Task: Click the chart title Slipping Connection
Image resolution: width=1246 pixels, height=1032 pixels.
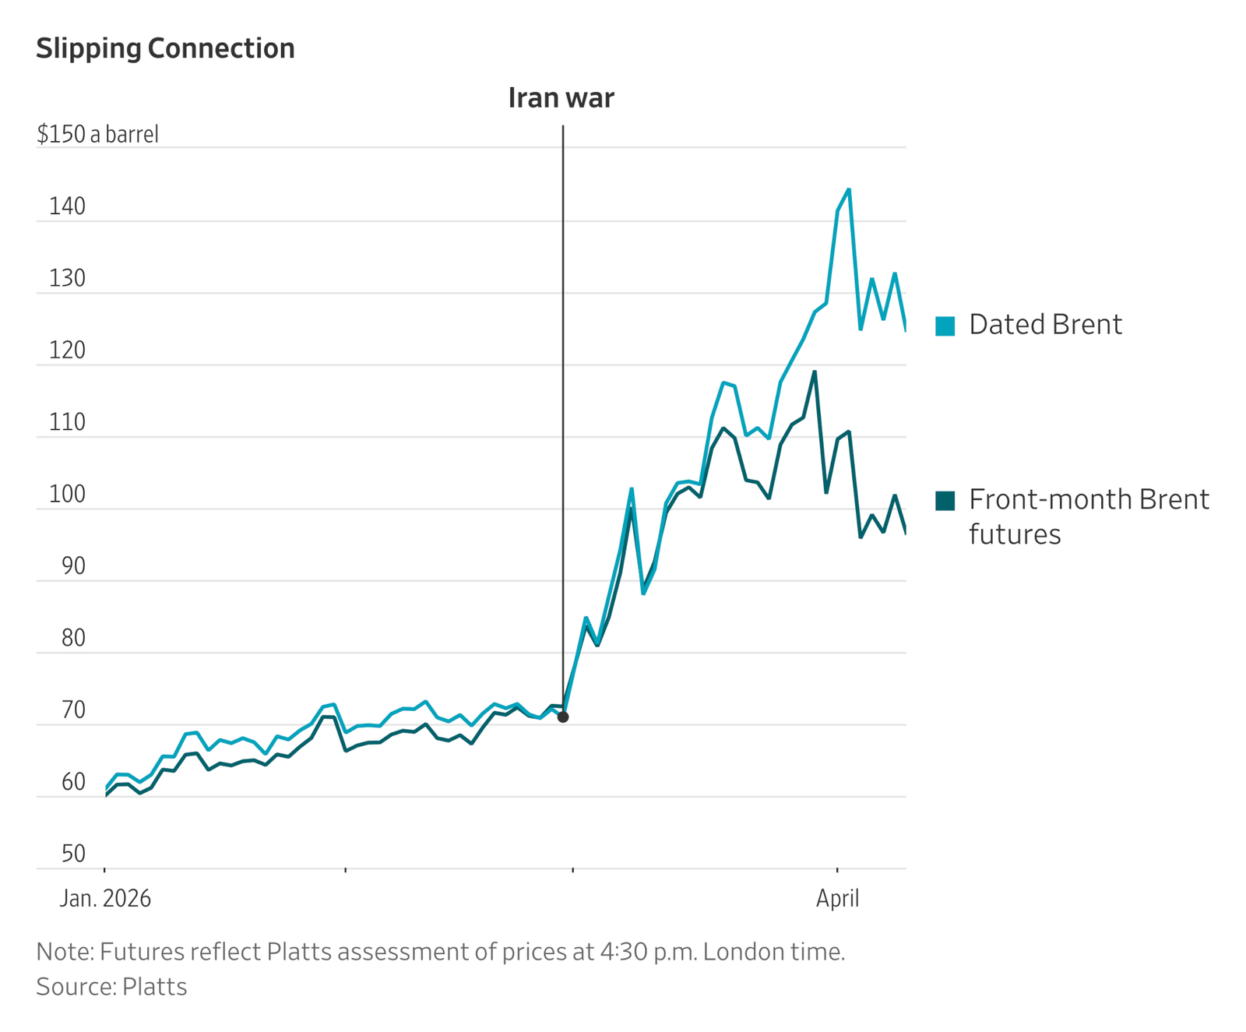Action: pos(165,48)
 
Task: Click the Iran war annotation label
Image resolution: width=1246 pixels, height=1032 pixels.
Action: pos(561,98)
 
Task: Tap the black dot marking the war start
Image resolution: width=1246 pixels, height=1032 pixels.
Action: pos(563,717)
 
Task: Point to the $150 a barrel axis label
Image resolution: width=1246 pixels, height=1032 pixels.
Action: pos(97,134)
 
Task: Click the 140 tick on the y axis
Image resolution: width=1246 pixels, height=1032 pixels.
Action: pos(67,206)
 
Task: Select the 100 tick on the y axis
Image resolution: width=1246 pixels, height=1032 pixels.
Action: pos(67,495)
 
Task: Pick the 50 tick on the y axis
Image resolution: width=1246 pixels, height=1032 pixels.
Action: pos(72,854)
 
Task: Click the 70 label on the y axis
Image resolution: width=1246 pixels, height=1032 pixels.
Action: pos(72,710)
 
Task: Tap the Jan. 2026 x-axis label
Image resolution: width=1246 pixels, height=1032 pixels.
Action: pos(105,899)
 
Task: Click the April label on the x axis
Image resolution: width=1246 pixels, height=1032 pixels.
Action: pos(837,899)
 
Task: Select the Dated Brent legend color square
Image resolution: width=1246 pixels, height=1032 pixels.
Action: pos(945,326)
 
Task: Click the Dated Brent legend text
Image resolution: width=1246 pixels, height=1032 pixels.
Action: pos(1045,325)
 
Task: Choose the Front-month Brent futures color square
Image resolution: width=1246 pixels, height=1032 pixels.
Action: pos(945,500)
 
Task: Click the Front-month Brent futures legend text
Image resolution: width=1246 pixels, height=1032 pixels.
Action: pos(1088,516)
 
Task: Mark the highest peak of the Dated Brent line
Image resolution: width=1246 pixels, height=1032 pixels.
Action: pos(849,189)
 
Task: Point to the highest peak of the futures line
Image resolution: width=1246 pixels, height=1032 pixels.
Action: pos(815,372)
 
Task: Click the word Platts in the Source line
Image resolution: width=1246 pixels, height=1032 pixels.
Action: pos(155,987)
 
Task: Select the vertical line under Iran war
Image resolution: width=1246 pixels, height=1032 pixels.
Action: pos(563,389)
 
